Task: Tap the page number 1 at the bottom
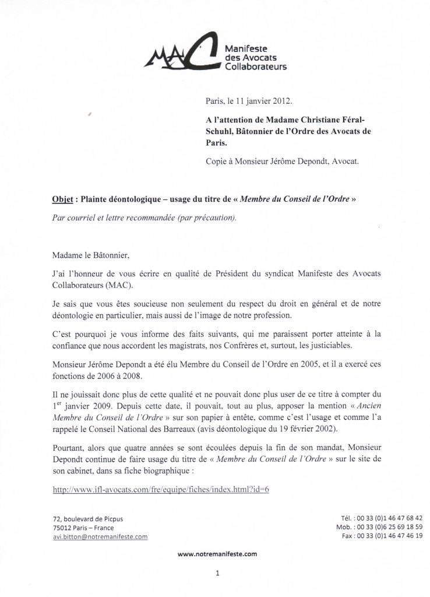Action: pyautogui.click(x=216, y=573)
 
